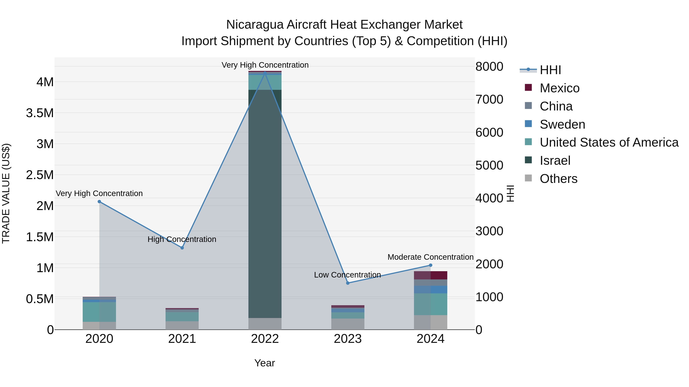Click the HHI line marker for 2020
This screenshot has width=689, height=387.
pos(99,202)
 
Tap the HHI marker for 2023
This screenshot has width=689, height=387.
pos(348,283)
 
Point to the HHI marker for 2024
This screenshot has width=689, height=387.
pos(431,265)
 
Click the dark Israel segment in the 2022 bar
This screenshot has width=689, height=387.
pos(265,203)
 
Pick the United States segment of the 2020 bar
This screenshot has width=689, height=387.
pos(99,312)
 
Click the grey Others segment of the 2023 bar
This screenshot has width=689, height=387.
pos(348,324)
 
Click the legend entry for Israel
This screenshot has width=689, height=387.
pos(555,161)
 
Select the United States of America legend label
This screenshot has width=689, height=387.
pos(609,143)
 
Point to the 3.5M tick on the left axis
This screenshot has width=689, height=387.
pos(40,113)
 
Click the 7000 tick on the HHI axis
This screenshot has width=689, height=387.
pos(489,100)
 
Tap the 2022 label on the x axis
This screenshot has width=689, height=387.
pos(265,339)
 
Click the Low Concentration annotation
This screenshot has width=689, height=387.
pos(347,275)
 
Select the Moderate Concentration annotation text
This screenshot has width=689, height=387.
pos(430,257)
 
